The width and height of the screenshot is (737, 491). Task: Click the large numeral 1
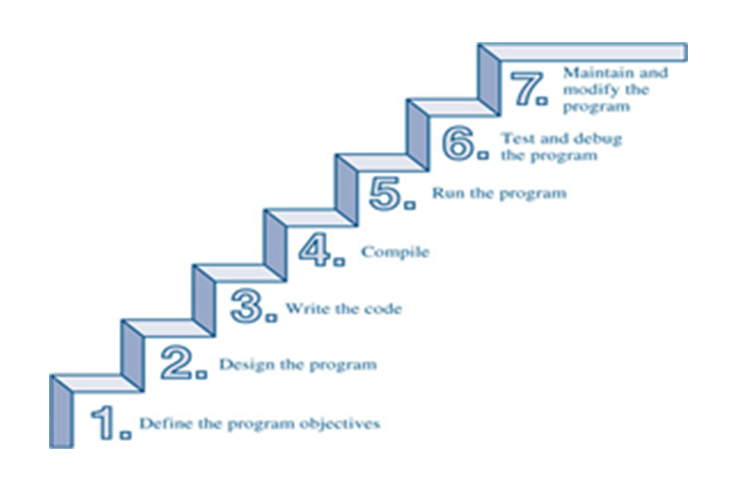tap(105, 421)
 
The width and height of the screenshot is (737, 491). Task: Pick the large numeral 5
tap(386, 191)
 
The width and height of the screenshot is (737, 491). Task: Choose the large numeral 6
tap(457, 143)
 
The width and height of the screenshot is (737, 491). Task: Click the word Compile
tap(395, 252)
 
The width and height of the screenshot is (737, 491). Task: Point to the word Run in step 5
tap(446, 193)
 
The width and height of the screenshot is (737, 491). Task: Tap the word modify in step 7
tap(587, 88)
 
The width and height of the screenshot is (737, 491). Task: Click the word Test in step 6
tap(516, 138)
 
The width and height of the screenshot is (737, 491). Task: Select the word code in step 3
tap(384, 308)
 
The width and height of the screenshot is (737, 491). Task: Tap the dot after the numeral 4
tap(340, 262)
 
